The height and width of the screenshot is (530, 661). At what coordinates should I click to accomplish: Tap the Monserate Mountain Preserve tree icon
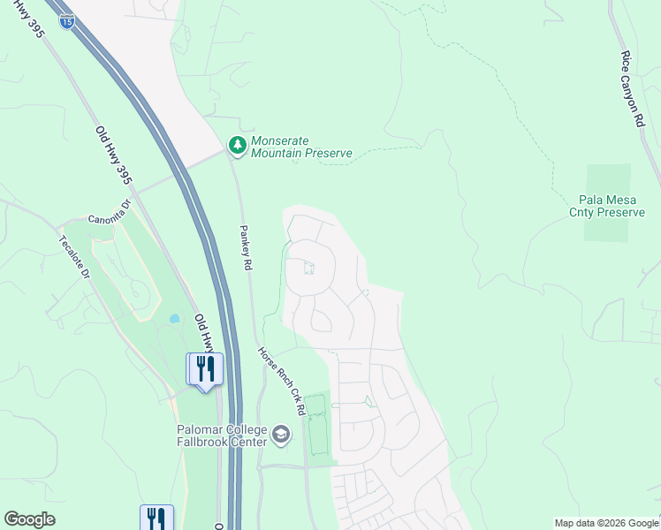coord(237,145)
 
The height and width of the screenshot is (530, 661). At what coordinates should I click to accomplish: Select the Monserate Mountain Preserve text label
coord(301,147)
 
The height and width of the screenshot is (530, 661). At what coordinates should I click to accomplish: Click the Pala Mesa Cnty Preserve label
coord(608,206)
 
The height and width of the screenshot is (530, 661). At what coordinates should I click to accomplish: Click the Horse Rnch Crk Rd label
coord(282,381)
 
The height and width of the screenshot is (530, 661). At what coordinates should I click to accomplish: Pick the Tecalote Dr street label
coord(75,257)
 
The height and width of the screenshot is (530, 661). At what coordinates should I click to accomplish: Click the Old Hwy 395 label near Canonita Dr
coord(114,155)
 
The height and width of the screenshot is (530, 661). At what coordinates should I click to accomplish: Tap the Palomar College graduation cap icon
coord(281,434)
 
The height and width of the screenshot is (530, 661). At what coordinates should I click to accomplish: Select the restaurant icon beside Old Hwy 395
coord(206,368)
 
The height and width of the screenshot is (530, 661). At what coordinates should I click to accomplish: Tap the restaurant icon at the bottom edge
coord(156,518)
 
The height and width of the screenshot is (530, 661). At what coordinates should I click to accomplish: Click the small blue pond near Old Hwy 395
coord(174,318)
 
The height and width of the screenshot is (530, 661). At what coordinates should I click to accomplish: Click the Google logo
coord(29,519)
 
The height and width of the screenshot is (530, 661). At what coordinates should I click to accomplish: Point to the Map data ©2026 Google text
coord(606,523)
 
